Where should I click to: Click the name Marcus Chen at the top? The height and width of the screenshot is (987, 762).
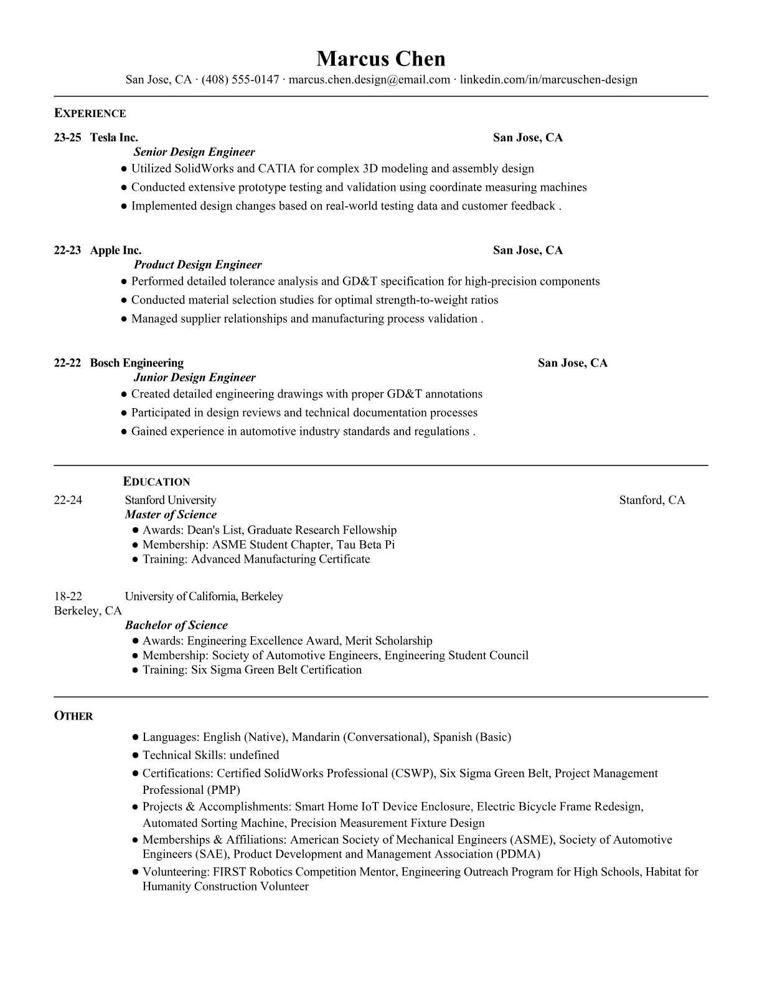point(380,59)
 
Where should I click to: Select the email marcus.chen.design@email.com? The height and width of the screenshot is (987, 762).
point(369,80)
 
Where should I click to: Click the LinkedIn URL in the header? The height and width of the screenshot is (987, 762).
point(548,80)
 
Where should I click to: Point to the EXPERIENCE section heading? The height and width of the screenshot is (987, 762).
point(90,113)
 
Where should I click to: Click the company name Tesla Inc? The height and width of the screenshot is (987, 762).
point(114,138)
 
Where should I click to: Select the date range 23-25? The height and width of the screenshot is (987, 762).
point(67,138)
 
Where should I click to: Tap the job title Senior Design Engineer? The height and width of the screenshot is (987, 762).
point(194,152)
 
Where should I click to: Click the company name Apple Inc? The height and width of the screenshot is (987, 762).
point(116,250)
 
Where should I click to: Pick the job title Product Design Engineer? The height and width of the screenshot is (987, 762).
point(198,265)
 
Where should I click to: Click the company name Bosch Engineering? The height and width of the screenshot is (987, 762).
point(136,363)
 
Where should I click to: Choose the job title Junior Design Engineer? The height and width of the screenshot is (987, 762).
point(194,378)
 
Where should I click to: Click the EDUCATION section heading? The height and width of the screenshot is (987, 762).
point(156,482)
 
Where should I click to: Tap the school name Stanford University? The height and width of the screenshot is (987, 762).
point(170,500)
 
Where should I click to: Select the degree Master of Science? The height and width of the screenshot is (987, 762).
point(171,515)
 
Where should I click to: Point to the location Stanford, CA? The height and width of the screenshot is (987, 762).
point(652,500)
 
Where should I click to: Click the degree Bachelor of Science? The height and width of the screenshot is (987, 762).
point(176,625)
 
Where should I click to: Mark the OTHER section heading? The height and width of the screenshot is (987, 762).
point(73,716)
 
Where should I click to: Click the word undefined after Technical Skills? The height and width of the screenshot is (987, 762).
point(254,755)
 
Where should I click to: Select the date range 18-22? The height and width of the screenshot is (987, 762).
point(68,596)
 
